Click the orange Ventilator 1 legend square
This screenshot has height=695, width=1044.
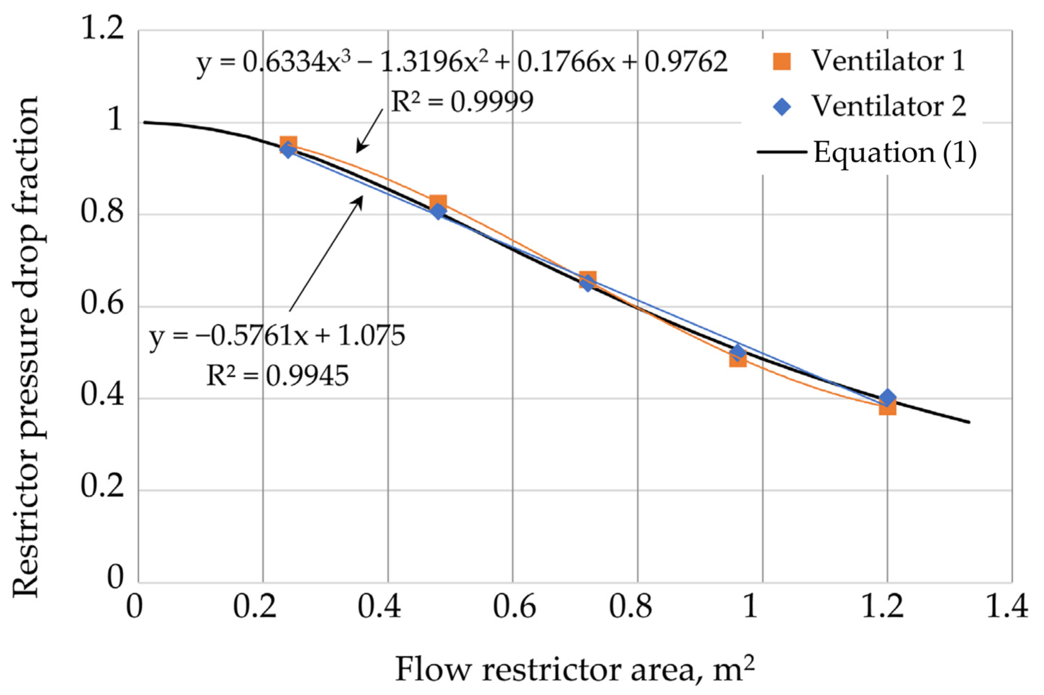click(782, 61)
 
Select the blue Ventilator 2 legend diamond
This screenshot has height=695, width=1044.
click(782, 106)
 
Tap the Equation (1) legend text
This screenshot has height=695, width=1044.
click(895, 153)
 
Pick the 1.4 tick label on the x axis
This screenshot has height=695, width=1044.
click(1006, 606)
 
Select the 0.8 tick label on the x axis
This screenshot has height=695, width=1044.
click(630, 606)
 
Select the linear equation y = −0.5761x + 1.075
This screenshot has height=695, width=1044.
click(277, 336)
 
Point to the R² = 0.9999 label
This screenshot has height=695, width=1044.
click(462, 102)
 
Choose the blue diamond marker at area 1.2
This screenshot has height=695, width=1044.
click(887, 397)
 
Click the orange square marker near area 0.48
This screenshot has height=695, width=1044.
click(438, 203)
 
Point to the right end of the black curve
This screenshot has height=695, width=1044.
click(969, 422)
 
